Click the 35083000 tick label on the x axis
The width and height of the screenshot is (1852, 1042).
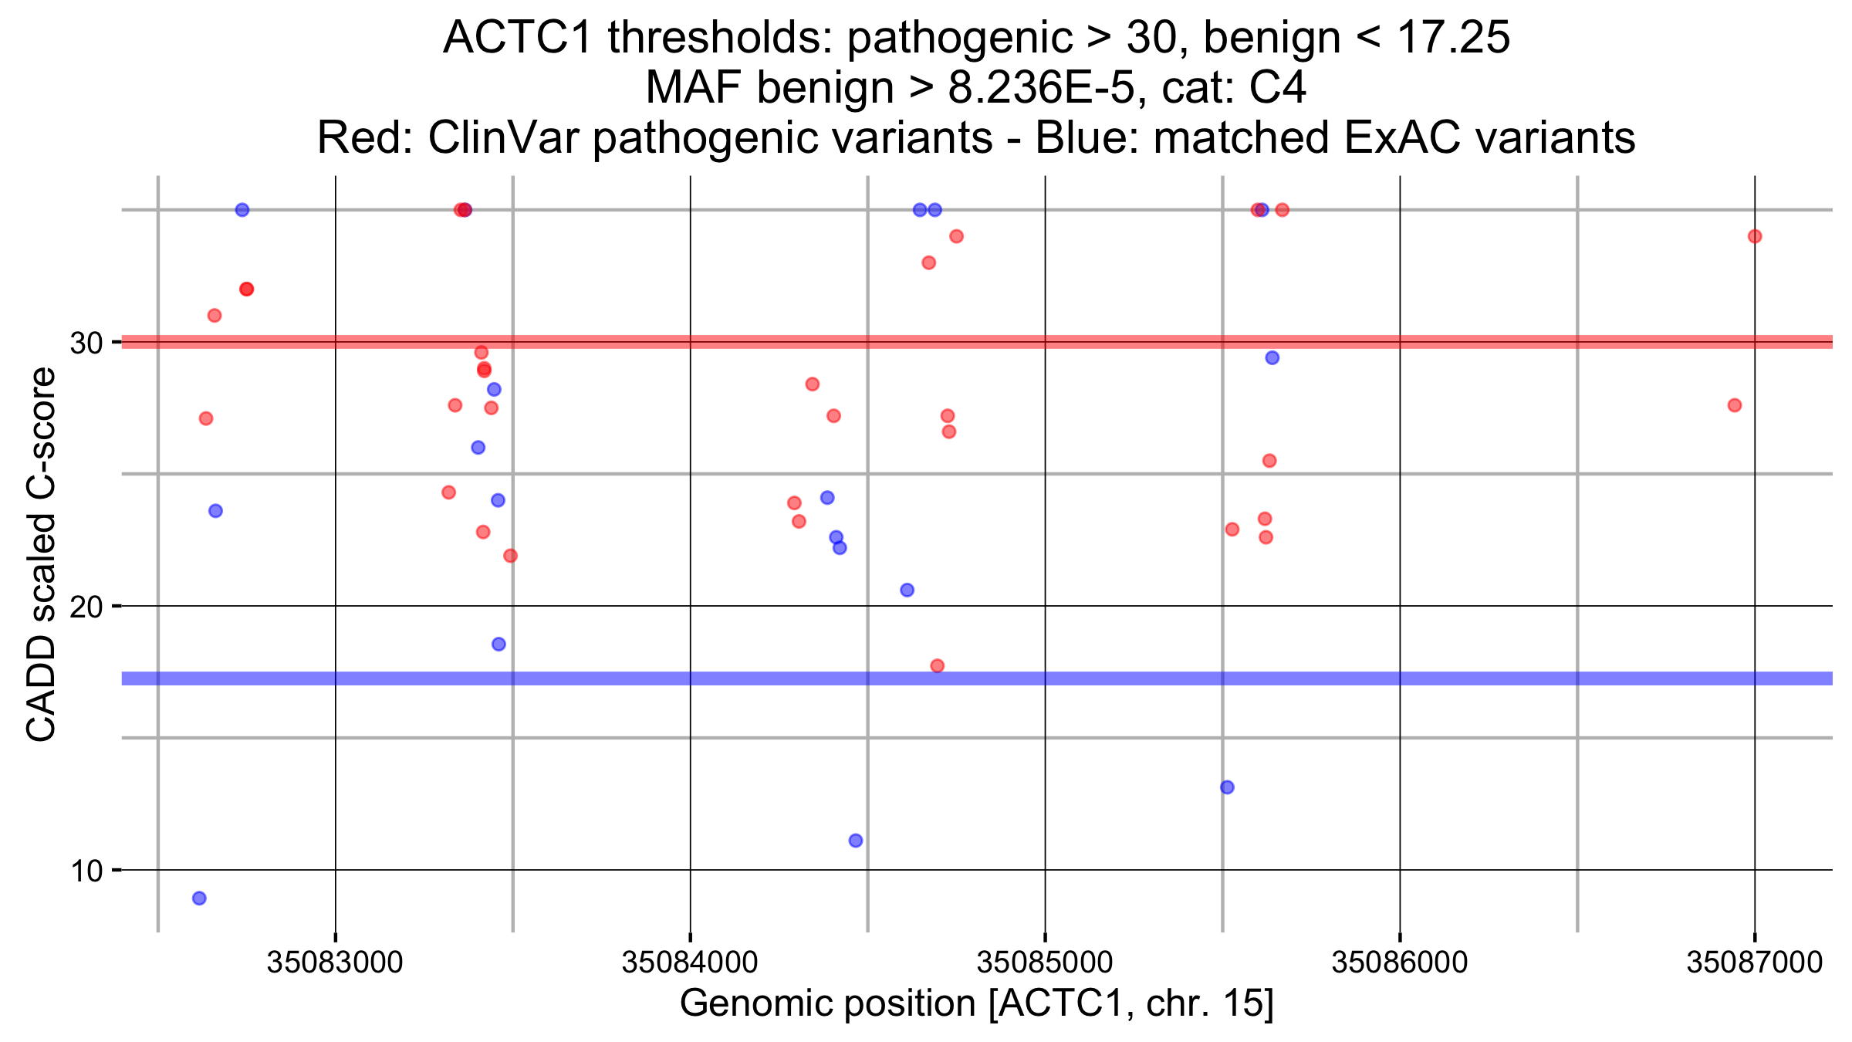(334, 962)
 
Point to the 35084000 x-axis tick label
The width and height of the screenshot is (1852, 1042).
(689, 962)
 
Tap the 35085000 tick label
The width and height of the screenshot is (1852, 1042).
(1044, 962)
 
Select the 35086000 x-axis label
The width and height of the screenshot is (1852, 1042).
(1399, 962)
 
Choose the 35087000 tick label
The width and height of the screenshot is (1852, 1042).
(1754, 962)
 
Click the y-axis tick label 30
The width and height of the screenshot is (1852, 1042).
(86, 343)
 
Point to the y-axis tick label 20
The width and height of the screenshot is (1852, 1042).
(86, 607)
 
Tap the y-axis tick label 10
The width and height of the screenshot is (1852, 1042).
(86, 871)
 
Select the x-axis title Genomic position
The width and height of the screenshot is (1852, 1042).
(976, 1003)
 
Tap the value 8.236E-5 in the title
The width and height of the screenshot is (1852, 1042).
(1041, 87)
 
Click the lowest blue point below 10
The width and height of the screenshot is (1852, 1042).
(199, 898)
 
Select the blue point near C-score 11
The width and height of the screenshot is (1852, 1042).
(855, 840)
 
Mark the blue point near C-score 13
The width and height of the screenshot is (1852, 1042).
(1227, 787)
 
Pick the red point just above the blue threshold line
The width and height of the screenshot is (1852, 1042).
(937, 665)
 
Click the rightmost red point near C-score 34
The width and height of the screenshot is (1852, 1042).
(1754, 236)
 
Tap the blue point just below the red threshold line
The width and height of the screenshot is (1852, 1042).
(1272, 357)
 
